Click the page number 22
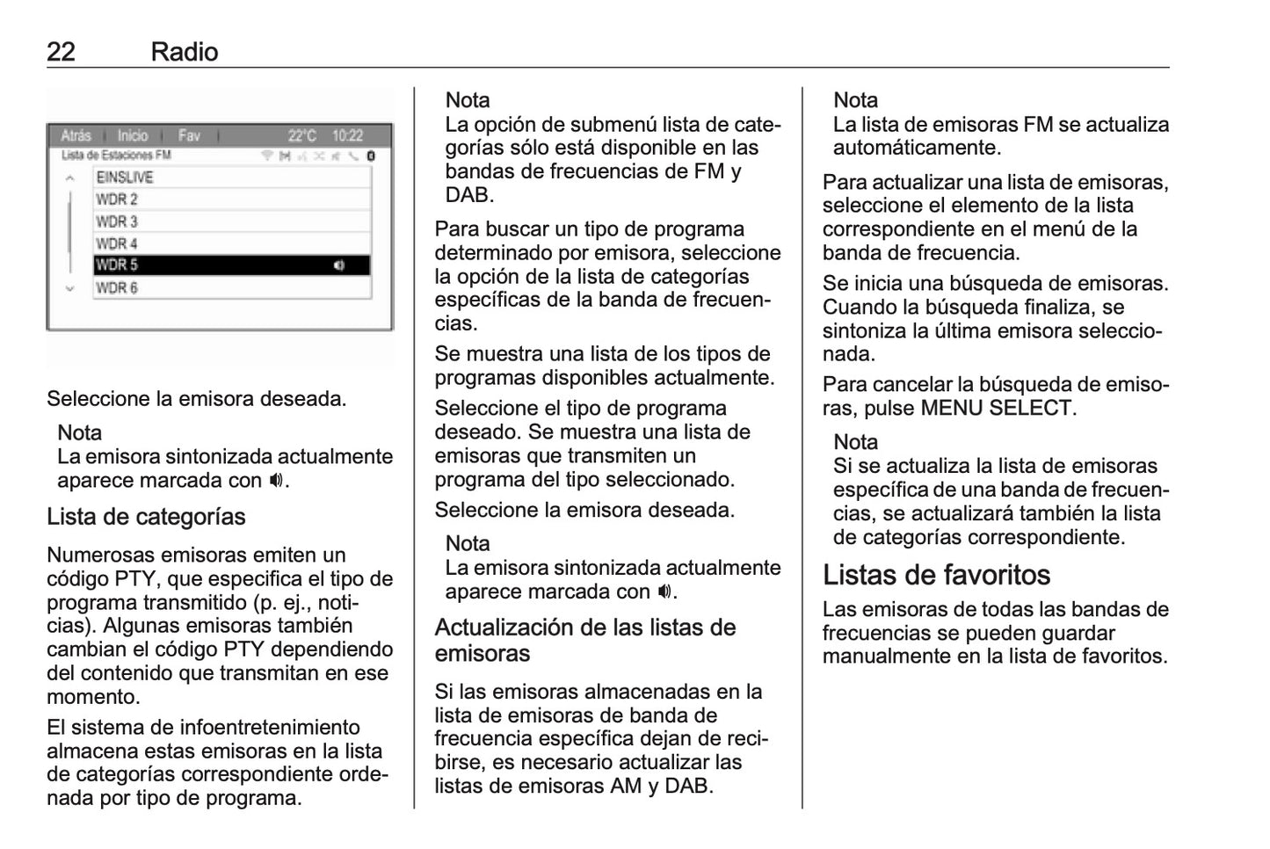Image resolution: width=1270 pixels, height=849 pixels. coord(61,52)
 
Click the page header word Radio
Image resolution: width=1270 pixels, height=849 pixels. coord(184,52)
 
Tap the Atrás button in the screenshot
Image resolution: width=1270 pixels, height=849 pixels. coord(76,135)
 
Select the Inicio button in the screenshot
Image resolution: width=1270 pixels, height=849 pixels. coord(133,135)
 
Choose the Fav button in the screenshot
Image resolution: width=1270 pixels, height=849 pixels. coord(189,135)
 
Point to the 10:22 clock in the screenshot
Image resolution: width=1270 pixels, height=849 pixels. coord(347,135)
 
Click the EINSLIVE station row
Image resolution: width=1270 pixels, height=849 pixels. coord(232,177)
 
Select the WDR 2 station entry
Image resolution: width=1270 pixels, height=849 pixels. coord(232,200)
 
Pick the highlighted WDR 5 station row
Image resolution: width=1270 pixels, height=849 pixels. coord(232,265)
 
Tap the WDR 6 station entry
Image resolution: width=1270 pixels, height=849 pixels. coord(232,288)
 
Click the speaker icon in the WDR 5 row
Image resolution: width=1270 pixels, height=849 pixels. coord(339,265)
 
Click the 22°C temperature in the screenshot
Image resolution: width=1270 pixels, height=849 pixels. coord(301,135)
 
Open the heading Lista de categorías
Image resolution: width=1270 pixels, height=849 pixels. coord(146,517)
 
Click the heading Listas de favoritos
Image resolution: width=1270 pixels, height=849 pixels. coord(936,575)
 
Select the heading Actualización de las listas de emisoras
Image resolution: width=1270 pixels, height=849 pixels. coord(584,640)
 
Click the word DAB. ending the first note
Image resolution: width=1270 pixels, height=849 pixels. coord(469,195)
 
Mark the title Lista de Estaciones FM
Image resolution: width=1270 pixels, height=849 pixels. coord(116,156)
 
